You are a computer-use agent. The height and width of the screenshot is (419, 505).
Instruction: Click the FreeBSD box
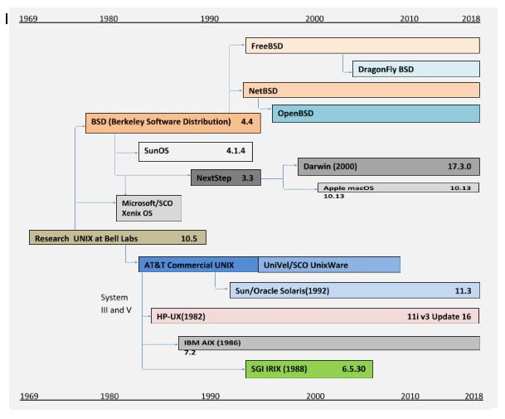[362, 46]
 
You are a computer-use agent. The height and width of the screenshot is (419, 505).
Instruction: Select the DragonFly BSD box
[410, 69]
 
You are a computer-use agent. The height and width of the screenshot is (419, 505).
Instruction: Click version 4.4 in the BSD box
[246, 122]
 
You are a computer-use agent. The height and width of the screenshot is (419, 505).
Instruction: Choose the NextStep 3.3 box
[225, 178]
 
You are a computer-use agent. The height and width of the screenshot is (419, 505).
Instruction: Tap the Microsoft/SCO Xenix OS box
[148, 208]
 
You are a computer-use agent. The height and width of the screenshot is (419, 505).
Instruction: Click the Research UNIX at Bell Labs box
[117, 238]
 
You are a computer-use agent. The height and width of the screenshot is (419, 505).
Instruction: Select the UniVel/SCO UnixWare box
[329, 265]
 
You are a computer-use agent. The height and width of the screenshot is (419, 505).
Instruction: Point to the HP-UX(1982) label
[181, 317]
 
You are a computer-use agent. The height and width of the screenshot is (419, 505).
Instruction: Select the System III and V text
[116, 303]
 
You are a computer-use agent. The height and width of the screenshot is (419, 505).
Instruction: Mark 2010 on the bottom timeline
[410, 397]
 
